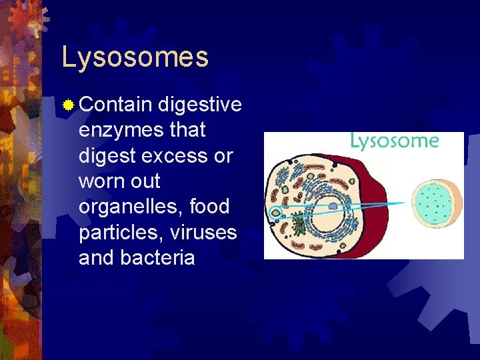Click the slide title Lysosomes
[135, 57]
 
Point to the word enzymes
[121, 130]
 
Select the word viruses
[204, 231]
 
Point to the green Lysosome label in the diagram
[395, 141]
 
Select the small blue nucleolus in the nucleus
[333, 207]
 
